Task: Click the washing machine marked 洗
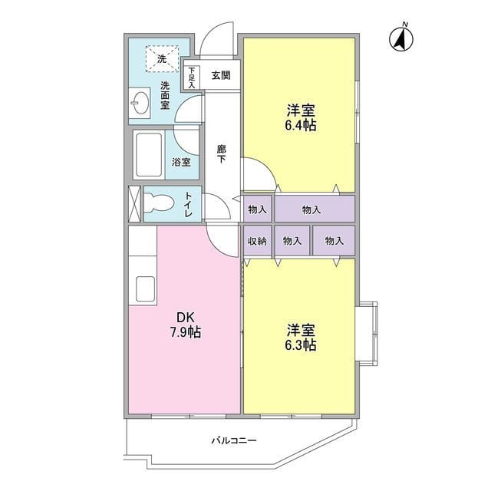tap(162, 58)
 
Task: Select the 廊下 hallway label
tap(221, 154)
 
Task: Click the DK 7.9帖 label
tap(186, 325)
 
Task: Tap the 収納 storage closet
tap(257, 241)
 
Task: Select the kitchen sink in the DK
tap(146, 289)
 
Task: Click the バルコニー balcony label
tap(234, 441)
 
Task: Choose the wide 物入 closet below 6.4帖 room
tap(315, 209)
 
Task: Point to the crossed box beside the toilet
tap(135, 203)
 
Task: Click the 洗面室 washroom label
tap(166, 96)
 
